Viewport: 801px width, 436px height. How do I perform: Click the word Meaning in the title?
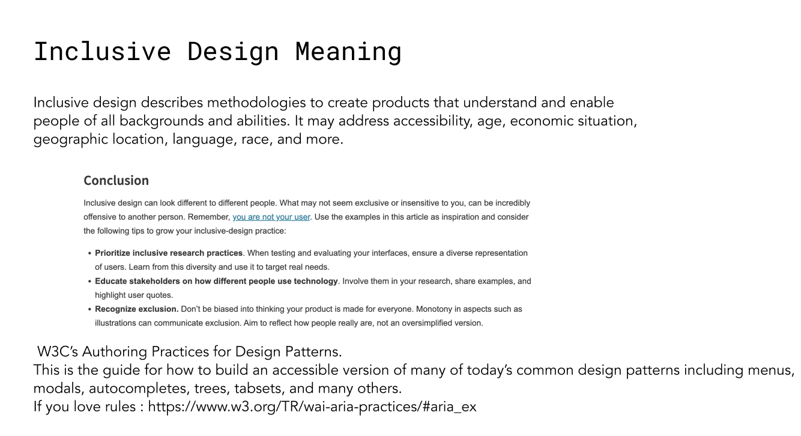[x=348, y=52]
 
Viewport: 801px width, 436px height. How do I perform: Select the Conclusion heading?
[x=116, y=180]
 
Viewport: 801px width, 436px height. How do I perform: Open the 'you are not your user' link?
[x=271, y=217]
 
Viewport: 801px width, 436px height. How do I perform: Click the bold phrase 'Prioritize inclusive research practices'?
[x=169, y=253]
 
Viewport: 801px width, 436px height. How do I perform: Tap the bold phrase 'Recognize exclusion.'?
[x=136, y=309]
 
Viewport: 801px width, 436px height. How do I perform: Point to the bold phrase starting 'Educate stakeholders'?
[x=216, y=281]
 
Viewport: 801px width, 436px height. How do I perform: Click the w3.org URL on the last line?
[x=312, y=407]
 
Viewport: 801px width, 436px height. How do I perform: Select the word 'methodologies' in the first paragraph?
[x=256, y=103]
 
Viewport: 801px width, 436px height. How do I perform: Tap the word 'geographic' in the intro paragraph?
[x=71, y=139]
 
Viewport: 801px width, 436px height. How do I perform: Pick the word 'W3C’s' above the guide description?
[x=58, y=352]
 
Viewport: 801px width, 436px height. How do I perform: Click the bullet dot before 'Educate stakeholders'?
[x=89, y=282]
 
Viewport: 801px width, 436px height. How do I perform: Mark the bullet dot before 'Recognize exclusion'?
[x=89, y=309]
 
